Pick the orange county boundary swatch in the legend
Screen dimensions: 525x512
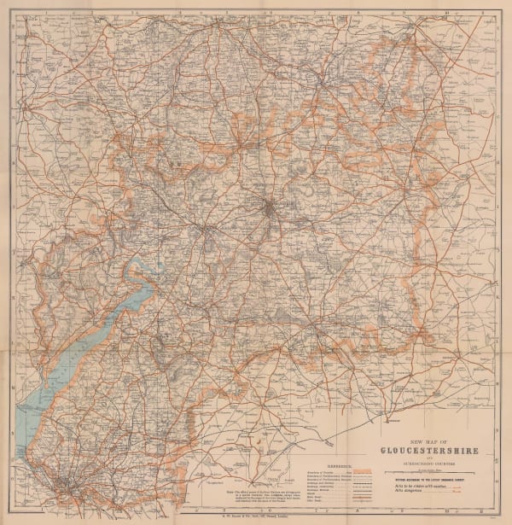(x=364, y=468)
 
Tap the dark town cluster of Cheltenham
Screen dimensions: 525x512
(x=269, y=208)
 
